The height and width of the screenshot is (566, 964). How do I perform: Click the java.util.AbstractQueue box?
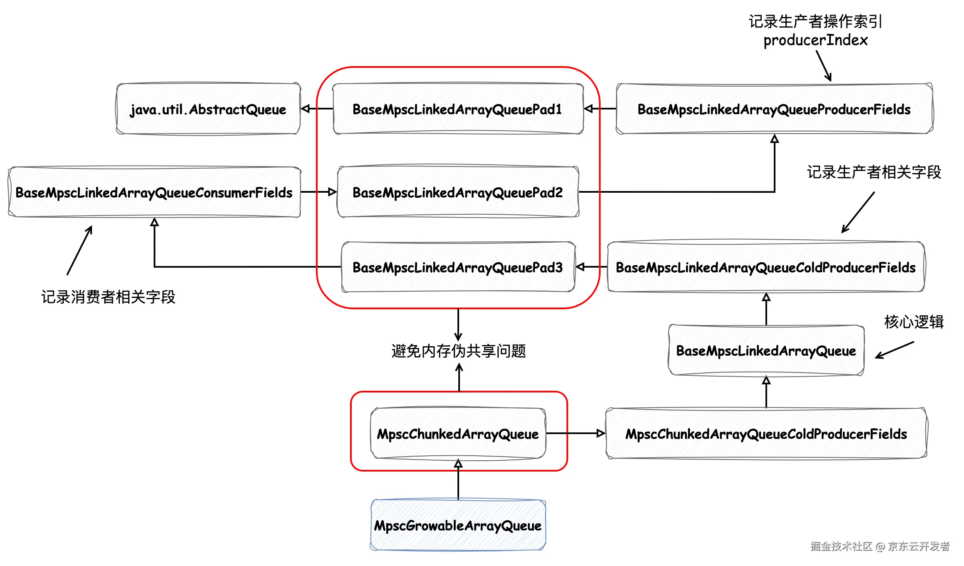tap(208, 109)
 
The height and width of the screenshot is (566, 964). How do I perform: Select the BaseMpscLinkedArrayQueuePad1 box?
tap(458, 109)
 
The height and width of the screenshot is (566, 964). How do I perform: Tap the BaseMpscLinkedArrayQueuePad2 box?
tap(458, 192)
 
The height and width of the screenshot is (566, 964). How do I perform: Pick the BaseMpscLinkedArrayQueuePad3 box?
tap(458, 267)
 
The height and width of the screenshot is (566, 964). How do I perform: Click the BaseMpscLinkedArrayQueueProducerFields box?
tap(774, 109)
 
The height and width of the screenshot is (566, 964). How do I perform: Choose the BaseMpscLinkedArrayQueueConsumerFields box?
tap(154, 192)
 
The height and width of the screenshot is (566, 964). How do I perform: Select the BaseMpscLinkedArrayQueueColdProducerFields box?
tap(766, 267)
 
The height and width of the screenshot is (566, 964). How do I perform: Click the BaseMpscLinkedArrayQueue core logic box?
tap(766, 350)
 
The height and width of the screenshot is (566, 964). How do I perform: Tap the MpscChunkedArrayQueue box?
tap(458, 434)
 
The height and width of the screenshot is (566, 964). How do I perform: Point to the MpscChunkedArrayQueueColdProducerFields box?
tap(766, 434)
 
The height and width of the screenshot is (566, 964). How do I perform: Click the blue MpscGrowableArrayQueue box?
tap(458, 525)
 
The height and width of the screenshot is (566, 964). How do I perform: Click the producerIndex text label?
tap(815, 40)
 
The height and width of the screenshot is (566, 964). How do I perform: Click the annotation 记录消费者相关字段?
tap(108, 297)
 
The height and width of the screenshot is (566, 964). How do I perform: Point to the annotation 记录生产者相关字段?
tap(874, 172)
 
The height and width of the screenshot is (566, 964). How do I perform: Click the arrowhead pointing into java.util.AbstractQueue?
tap(306, 109)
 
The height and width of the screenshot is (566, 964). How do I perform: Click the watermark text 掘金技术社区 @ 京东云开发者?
tap(880, 546)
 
